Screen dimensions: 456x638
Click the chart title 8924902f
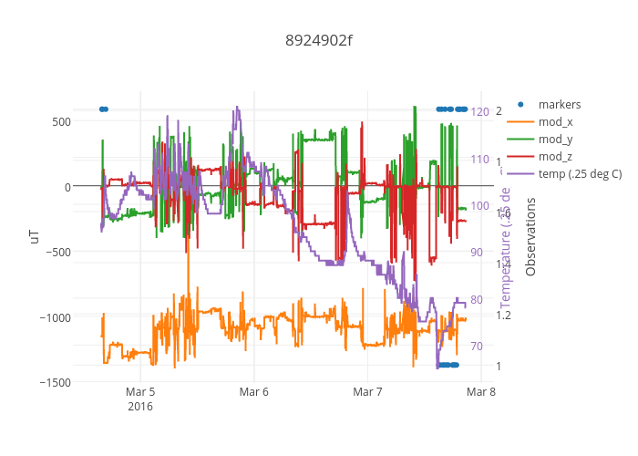click(x=318, y=40)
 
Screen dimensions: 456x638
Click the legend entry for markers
click(x=559, y=104)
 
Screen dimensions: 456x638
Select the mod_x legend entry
click(x=555, y=121)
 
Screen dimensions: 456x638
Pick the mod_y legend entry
click(x=555, y=139)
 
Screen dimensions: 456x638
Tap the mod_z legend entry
click(x=555, y=156)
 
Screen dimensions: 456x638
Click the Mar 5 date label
click(x=140, y=393)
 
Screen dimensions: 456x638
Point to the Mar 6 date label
click(x=253, y=393)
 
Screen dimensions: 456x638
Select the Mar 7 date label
click(x=367, y=393)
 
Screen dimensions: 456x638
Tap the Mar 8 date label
click(x=480, y=393)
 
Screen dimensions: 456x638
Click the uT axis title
click(x=35, y=236)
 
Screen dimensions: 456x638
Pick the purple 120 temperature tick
click(x=479, y=111)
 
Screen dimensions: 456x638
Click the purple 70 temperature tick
click(x=477, y=346)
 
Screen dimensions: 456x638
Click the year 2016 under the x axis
click(x=140, y=407)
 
